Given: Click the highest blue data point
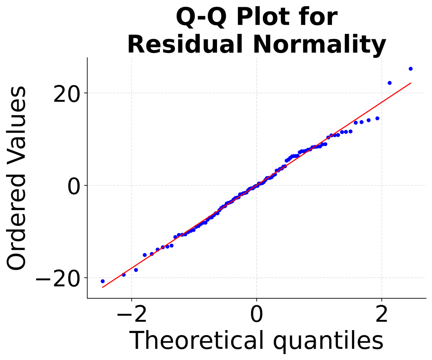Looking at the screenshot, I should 410,69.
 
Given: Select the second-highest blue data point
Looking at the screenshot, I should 390,83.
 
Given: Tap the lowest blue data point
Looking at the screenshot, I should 103,281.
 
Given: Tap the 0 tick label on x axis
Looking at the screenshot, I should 256,314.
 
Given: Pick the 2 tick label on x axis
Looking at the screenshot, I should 381,314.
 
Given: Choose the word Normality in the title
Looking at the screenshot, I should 318,46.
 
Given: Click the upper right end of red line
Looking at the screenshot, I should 411,83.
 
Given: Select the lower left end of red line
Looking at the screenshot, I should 103,288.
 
